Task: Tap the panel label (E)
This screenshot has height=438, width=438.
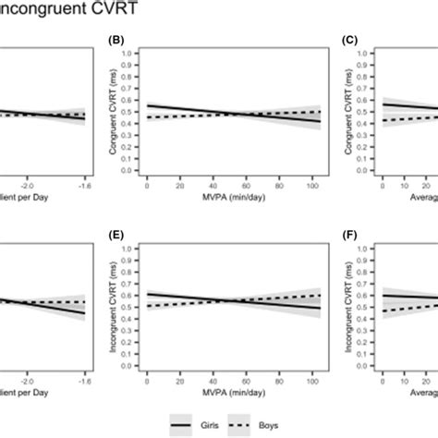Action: click(x=116, y=236)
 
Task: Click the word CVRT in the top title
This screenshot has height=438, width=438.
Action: click(x=91, y=10)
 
